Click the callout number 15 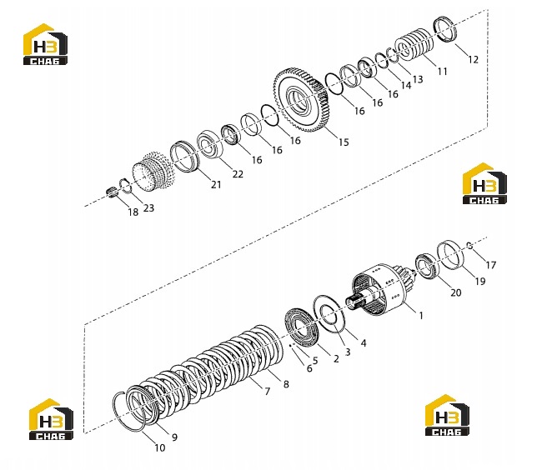344,142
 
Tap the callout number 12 473,59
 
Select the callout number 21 216,184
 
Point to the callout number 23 148,207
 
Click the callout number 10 160,447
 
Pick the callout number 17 491,265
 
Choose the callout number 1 421,315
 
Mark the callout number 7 267,391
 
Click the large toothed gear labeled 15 301,99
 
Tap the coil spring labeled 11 414,44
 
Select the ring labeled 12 445,30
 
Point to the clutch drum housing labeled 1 380,289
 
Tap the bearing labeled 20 427,266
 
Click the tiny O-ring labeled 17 469,246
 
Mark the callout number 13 418,79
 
